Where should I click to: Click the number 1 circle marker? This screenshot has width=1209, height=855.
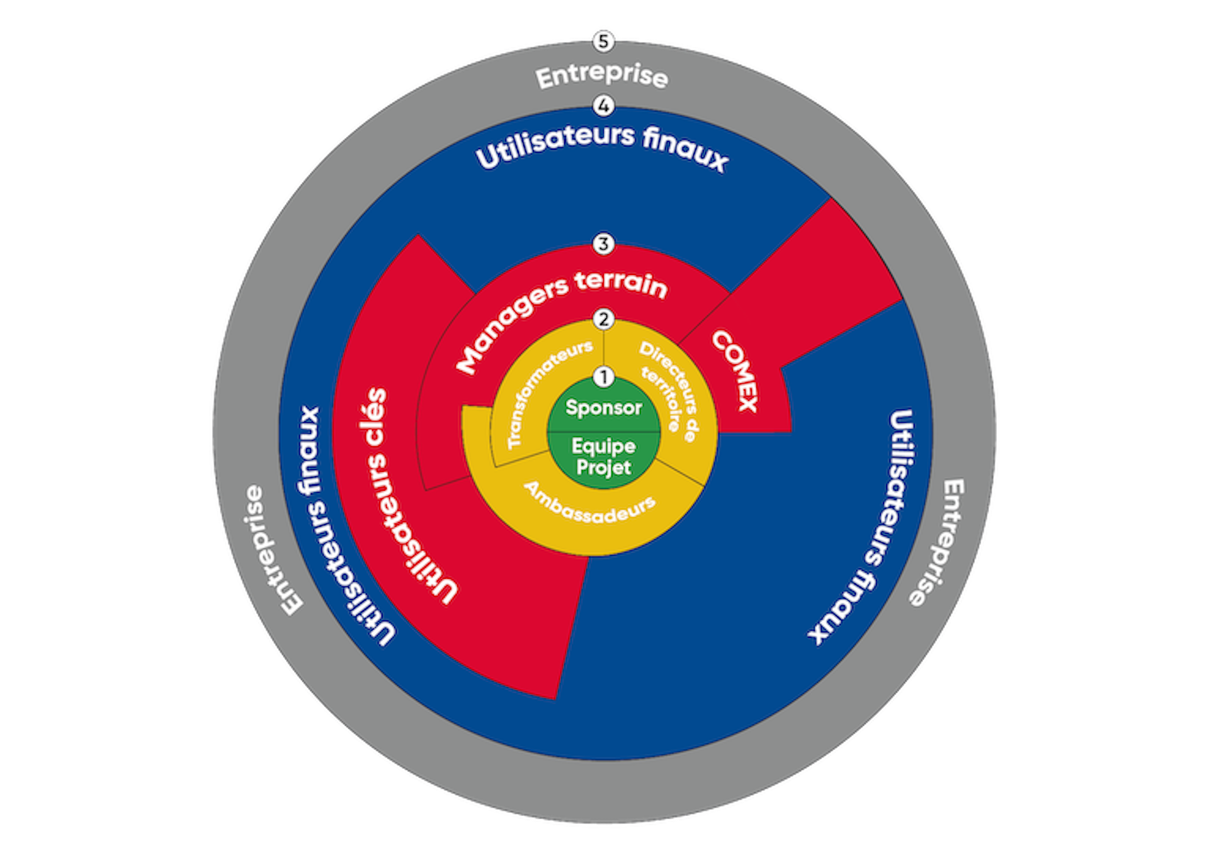(603, 377)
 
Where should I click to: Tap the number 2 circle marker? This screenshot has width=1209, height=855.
(603, 319)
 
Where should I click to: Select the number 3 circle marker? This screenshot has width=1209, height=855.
(603, 243)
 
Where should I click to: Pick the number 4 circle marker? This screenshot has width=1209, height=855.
(603, 106)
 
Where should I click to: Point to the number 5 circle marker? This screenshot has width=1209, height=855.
(603, 42)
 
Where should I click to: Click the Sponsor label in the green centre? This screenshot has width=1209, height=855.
(603, 408)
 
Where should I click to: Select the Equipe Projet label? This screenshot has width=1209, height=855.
(603, 457)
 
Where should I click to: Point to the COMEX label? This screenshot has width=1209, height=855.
(735, 371)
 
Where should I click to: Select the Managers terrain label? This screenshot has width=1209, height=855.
(557, 314)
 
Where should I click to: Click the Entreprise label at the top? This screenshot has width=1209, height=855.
(602, 76)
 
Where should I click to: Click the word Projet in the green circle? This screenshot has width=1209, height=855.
(603, 467)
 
